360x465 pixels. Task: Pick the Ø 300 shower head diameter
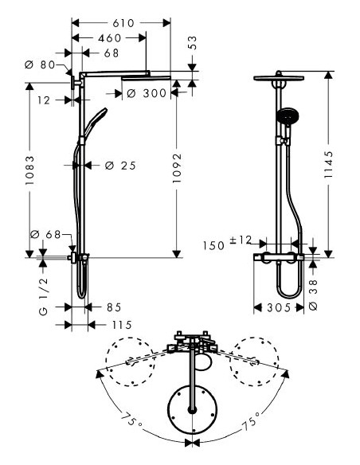pyautogui.click(x=147, y=94)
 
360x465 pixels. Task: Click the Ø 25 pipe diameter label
pyautogui.click(x=121, y=166)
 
